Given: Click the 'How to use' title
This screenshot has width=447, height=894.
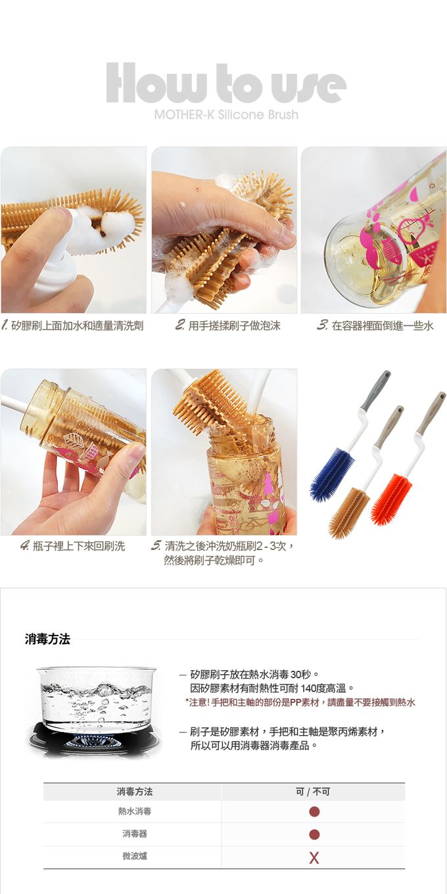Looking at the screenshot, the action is [x=226, y=83].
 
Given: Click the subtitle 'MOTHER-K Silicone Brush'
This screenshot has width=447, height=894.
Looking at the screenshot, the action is [x=226, y=115].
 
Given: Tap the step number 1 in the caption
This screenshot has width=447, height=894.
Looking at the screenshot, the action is [x=5, y=326].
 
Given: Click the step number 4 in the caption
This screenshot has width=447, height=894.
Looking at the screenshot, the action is [x=25, y=545].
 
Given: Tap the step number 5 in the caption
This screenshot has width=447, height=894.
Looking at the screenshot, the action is [x=156, y=545].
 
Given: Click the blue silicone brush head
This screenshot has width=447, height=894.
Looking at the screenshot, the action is [x=332, y=474].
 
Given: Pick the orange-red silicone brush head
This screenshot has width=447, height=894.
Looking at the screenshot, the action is [x=391, y=500].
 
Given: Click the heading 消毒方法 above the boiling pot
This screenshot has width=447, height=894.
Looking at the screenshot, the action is [x=47, y=639].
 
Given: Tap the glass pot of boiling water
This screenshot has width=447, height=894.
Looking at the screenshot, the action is [x=96, y=699].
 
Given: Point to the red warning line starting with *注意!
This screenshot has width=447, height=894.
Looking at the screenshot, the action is [x=300, y=702].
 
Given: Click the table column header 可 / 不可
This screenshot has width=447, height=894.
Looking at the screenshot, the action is [x=313, y=792].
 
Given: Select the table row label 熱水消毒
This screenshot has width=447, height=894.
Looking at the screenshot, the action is [x=135, y=811].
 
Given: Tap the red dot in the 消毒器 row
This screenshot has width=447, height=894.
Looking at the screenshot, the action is [x=314, y=834].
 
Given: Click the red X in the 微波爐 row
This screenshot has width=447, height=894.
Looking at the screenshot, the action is [x=314, y=858].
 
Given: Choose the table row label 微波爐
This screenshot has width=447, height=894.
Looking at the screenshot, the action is [x=135, y=856].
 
